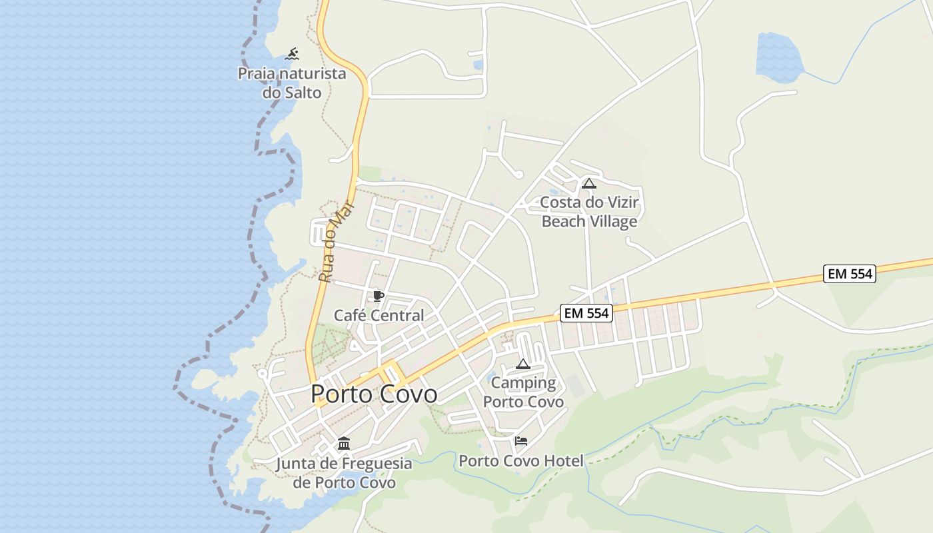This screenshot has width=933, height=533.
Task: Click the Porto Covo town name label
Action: pos(374,394)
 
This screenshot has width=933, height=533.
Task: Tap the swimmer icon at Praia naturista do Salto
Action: pos(292,54)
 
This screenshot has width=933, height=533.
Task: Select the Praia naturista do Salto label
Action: pos(292,83)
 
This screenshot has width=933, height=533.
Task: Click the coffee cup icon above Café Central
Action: pos(379,296)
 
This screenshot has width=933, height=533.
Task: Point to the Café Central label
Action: pos(379,315)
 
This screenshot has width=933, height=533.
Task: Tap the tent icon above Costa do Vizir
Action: pos(588,183)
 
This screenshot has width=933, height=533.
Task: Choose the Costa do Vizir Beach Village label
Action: pos(589,211)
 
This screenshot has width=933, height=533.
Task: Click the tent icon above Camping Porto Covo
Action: pos(523,364)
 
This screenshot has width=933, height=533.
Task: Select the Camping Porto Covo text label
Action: pos(523,392)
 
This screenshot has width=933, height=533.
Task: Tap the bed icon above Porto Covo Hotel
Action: pos(521,441)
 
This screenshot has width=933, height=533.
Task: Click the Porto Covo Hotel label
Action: pos(520,460)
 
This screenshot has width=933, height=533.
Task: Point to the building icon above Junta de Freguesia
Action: pos(344,443)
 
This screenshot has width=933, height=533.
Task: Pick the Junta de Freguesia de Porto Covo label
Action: pos(344,472)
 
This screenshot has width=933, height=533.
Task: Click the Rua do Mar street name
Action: pos(335,241)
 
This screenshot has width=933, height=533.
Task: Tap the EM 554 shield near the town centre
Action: pos(586,312)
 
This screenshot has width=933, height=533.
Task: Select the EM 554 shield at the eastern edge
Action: pos(849,273)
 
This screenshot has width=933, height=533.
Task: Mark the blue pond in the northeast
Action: pos(778,57)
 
